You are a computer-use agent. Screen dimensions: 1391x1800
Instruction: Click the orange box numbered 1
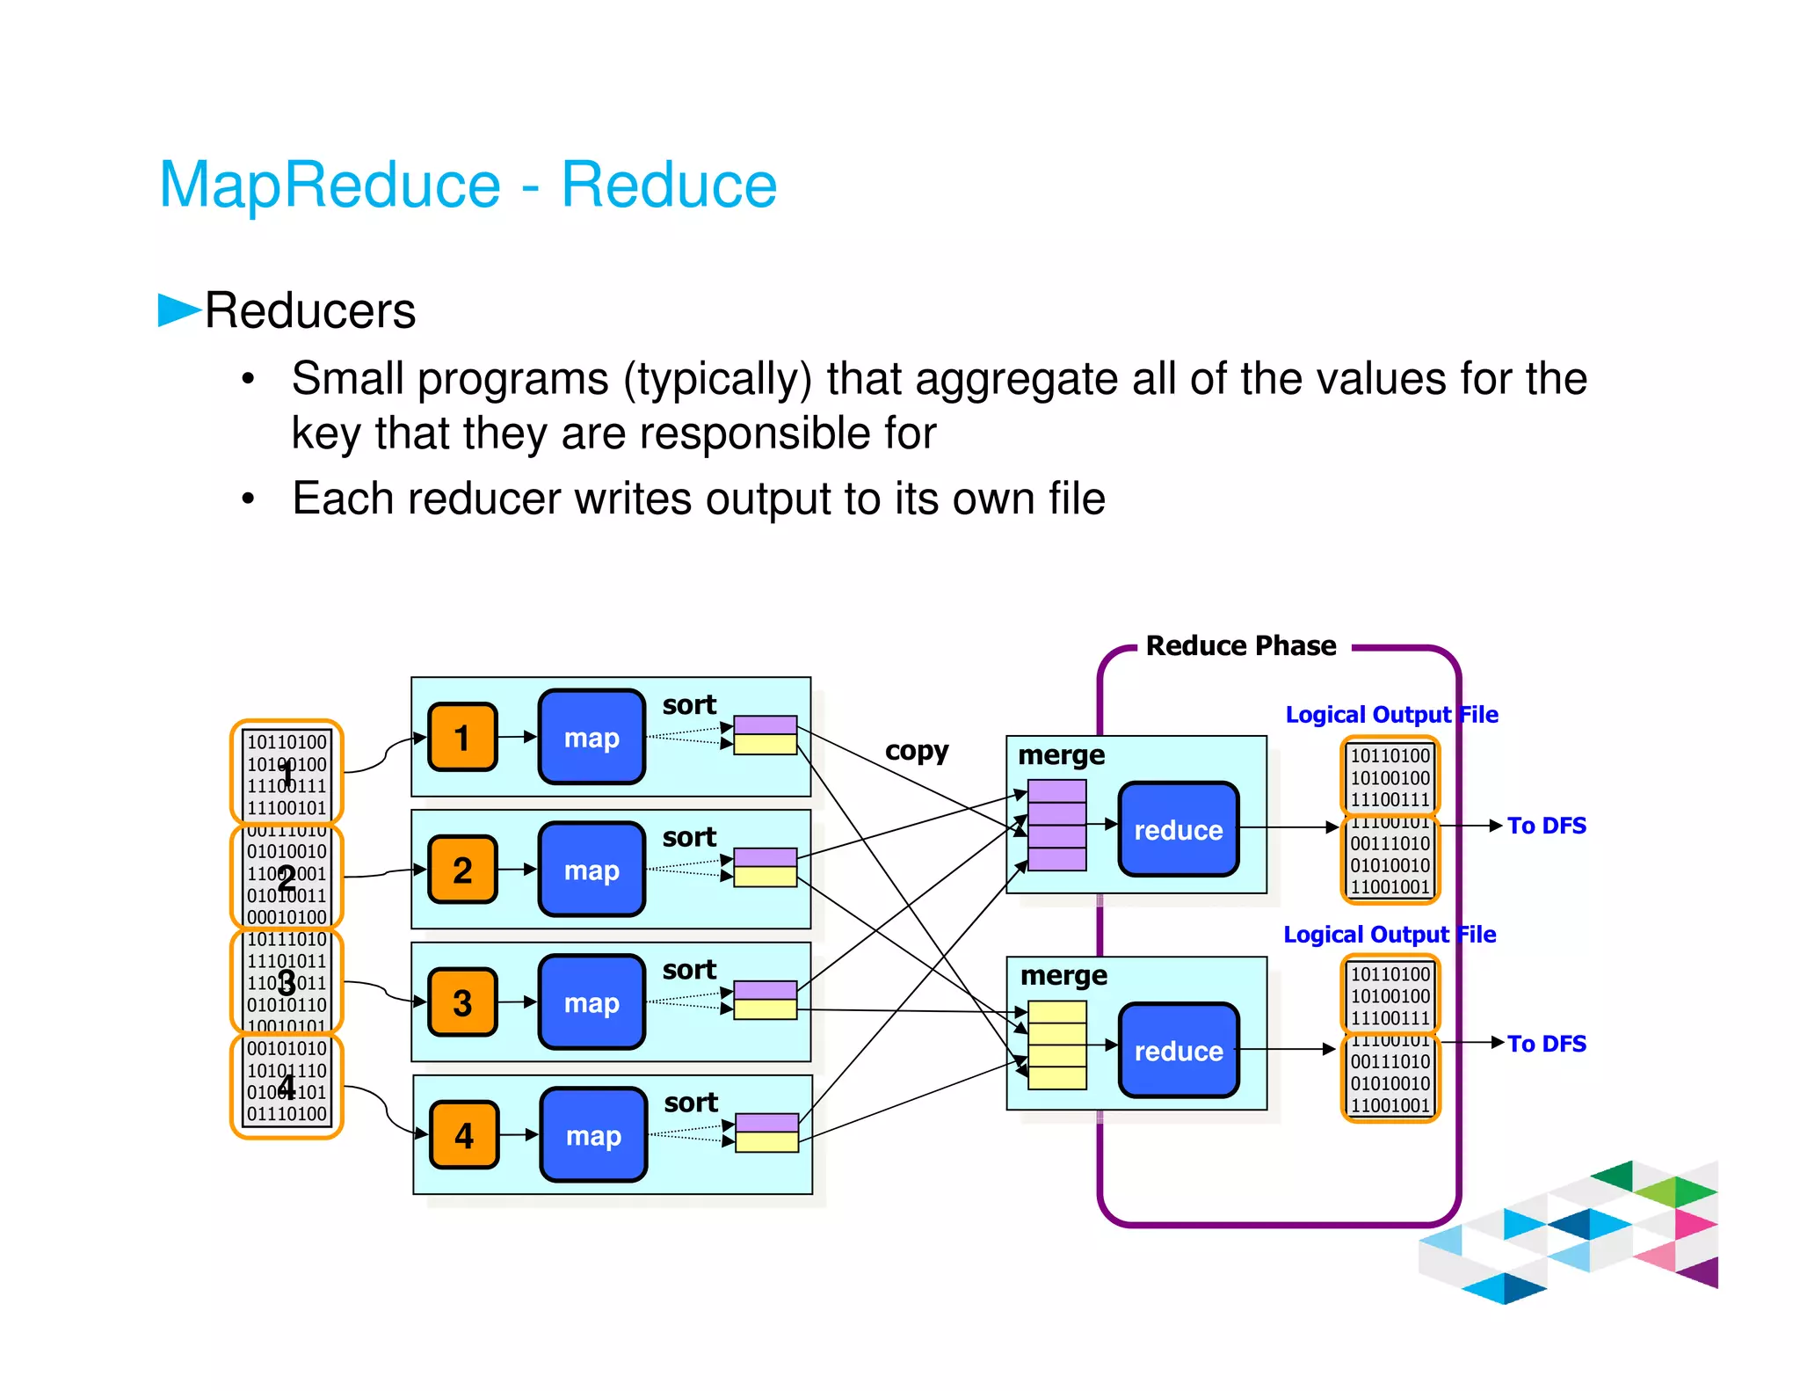(x=462, y=737)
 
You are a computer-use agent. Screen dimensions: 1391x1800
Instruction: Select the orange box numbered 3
(x=462, y=1002)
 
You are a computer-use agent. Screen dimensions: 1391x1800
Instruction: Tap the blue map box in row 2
(x=592, y=870)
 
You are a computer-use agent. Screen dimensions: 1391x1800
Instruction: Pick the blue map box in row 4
(x=593, y=1135)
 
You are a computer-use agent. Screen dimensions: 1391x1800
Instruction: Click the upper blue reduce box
(x=1178, y=829)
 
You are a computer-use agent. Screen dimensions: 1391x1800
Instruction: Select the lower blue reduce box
(x=1178, y=1050)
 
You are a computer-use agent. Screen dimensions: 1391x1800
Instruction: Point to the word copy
(x=917, y=751)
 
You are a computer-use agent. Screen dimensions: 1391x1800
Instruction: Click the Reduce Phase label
(x=1240, y=645)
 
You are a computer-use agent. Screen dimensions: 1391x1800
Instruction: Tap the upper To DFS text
(x=1546, y=826)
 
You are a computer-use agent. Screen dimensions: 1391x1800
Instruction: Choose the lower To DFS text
(x=1546, y=1044)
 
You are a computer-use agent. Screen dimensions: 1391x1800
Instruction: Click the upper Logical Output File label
(x=1391, y=714)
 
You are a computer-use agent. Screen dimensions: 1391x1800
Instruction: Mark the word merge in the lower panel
(x=1063, y=976)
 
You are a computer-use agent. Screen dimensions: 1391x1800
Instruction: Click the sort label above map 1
(x=689, y=704)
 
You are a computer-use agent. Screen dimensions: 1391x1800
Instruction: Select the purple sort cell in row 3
(x=765, y=990)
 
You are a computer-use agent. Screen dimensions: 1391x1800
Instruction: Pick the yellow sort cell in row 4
(x=766, y=1142)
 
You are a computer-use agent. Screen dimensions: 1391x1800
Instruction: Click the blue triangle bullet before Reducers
(x=178, y=310)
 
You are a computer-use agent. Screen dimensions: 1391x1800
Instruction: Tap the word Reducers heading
(x=309, y=311)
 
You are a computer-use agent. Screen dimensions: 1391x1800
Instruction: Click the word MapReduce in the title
(x=330, y=185)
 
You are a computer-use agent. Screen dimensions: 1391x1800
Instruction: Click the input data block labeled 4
(x=287, y=1086)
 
